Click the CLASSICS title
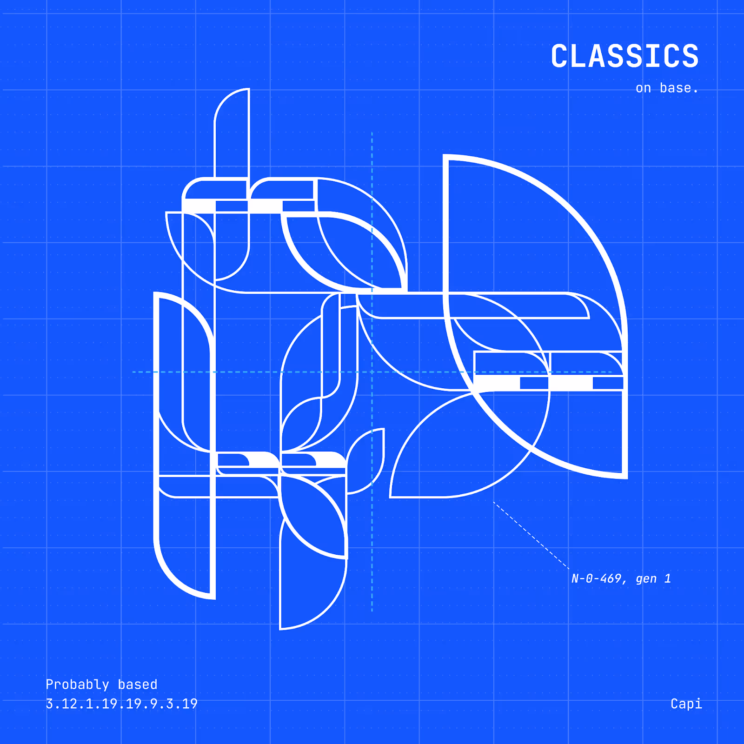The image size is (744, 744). (624, 56)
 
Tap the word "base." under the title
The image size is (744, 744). (678, 88)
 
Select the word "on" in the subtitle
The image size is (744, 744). (643, 88)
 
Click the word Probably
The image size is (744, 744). (77, 684)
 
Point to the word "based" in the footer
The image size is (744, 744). (138, 684)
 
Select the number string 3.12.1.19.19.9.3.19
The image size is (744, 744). (121, 704)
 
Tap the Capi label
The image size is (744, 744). (686, 704)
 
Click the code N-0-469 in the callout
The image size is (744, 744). (597, 578)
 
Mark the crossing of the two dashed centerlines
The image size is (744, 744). (372, 372)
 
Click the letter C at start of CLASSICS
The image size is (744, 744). (559, 56)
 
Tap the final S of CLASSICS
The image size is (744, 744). (691, 56)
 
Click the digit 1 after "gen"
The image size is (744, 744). (668, 578)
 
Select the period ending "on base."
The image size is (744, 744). (696, 92)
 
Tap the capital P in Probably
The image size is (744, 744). (50, 684)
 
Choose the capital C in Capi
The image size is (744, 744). (675, 704)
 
